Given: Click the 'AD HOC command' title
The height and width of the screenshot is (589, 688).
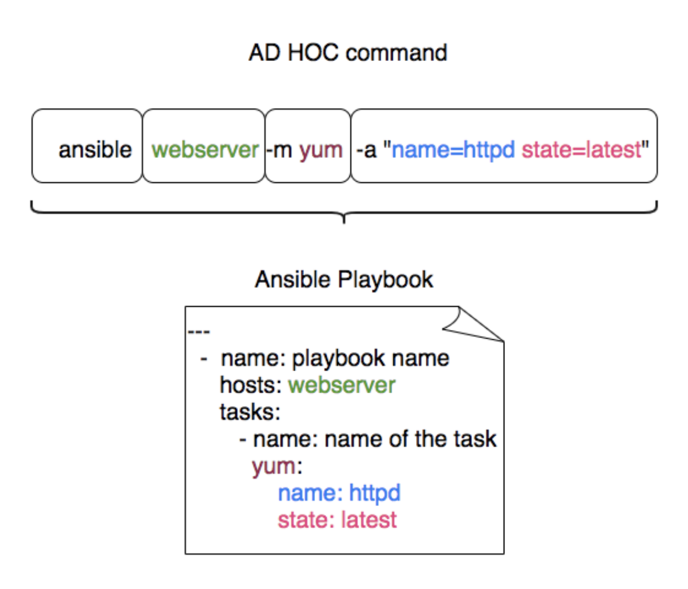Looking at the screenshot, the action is point(347,53).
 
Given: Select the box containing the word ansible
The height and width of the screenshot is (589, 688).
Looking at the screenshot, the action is point(87,146).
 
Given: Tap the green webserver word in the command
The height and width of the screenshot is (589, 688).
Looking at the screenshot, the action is point(205,150).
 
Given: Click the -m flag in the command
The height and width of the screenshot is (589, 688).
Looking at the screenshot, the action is point(279,150).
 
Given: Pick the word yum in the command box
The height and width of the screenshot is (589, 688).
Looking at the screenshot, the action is point(321,151).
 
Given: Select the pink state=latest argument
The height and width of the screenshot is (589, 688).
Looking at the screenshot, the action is point(582,150).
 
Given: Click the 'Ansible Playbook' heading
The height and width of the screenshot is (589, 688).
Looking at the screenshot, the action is point(344,280).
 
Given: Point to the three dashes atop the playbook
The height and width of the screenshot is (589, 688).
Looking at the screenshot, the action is point(199,331).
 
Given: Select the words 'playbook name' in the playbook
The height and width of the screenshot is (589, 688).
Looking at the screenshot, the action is point(371,359).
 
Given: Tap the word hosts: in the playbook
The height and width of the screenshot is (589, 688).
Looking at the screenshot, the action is point(250,385).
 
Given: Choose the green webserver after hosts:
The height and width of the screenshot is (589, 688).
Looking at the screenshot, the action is point(342,386).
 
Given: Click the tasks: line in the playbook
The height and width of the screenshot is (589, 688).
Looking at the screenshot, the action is point(250,412).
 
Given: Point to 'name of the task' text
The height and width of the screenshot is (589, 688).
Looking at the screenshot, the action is point(411,439).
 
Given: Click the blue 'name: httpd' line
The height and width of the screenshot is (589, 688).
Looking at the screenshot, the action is point(339,494).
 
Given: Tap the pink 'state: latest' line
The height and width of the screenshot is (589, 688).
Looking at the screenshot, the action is point(338,520).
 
